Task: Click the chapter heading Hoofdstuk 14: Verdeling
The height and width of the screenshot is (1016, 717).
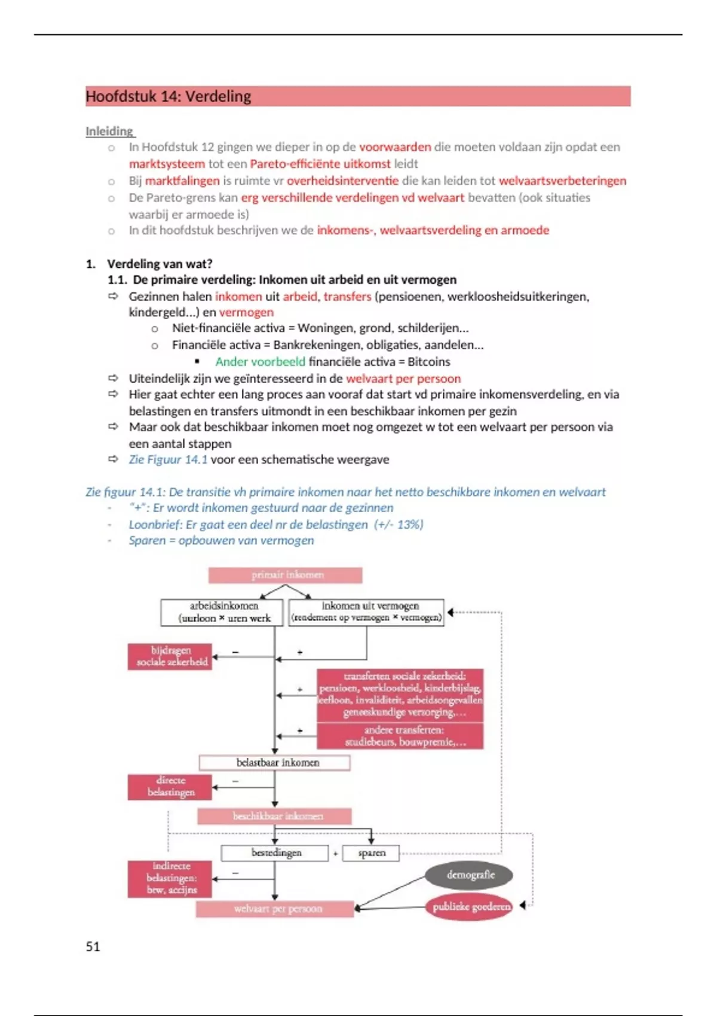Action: pos(168,96)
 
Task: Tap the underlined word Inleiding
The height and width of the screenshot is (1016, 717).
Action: pos(109,131)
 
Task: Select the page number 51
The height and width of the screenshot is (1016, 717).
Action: pos(93,946)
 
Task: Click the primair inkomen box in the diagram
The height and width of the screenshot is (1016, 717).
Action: pos(286,575)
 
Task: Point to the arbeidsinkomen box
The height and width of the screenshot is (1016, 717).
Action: pos(224,612)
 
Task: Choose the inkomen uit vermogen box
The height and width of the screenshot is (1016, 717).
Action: pos(367,612)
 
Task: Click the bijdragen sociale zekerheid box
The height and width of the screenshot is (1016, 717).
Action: pos(170,656)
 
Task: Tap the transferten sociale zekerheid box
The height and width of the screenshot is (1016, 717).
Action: pos(400,694)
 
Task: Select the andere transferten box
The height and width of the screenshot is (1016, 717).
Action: pos(400,736)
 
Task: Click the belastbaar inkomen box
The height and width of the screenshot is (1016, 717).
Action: pos(275,763)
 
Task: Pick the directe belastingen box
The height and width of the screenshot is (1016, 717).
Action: pos(170,787)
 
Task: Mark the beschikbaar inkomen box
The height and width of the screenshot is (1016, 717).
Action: pos(275,816)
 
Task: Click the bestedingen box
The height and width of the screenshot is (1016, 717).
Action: pos(275,853)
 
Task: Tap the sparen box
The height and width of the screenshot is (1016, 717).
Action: pos(372,853)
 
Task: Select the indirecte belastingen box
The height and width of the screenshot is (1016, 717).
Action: pos(170,878)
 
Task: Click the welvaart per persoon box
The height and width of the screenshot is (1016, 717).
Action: pos(275,909)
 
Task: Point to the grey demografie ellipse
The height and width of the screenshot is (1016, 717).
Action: pos(470,875)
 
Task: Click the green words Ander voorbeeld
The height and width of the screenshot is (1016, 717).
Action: pos(260,362)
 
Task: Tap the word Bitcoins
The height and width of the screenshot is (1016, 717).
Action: pos(429,362)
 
